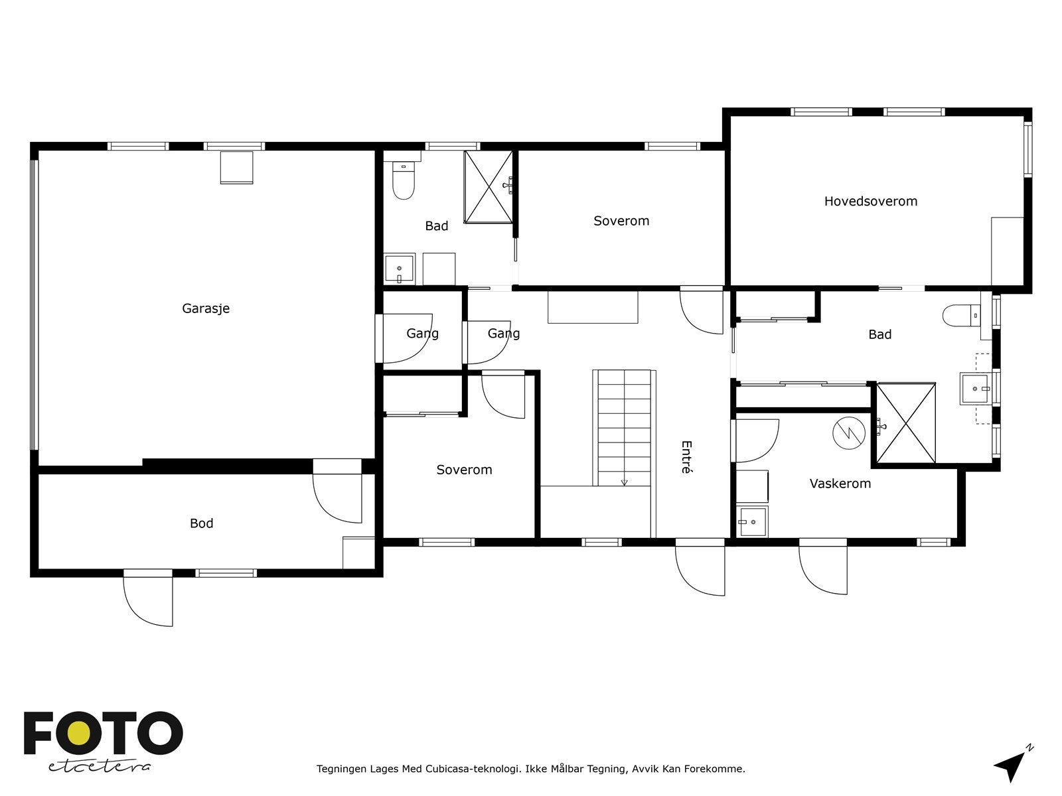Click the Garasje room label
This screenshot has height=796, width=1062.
(x=206, y=308)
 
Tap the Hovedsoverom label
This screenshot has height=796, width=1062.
(x=870, y=201)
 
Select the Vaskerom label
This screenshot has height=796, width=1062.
(x=840, y=484)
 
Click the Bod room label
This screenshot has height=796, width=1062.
(x=201, y=523)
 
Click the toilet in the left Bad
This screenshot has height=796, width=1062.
(x=403, y=182)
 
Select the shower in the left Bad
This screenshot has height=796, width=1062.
(x=489, y=187)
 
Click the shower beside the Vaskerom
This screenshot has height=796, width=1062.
(x=906, y=423)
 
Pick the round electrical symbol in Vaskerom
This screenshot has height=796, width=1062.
(x=849, y=434)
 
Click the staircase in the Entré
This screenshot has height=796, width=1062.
(x=624, y=428)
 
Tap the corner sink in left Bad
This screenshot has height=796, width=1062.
(x=400, y=269)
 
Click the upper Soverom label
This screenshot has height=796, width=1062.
(x=621, y=221)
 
